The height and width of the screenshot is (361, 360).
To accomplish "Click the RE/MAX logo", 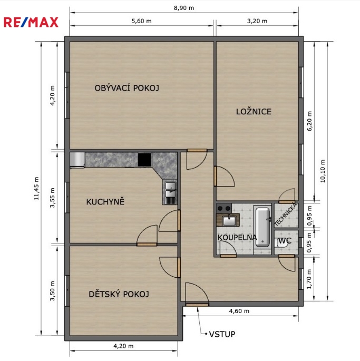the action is point(31,22).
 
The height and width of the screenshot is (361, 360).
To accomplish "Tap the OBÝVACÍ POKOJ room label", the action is point(127,87).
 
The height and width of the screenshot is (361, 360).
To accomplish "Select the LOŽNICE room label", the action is point(254,112).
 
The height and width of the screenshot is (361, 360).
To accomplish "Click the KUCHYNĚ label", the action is point(105,202).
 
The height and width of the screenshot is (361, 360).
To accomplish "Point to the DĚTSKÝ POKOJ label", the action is point(119,294).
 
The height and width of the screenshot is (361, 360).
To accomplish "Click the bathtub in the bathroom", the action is point(263,227).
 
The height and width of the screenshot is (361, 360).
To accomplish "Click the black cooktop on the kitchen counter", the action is point(145,159).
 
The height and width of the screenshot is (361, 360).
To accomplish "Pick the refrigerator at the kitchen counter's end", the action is point(77,159).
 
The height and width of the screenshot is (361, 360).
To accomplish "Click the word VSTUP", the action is point(222,334).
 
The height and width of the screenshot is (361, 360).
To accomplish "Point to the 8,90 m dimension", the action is point(184,8).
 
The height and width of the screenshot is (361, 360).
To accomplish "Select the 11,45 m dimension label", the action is point(36,188).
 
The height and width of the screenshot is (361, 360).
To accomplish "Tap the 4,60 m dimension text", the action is point(239,311).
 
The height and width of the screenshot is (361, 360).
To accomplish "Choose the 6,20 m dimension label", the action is point(309,121).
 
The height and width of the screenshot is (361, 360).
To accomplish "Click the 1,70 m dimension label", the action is point(309,279).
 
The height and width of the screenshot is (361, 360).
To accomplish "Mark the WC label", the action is point(285,241).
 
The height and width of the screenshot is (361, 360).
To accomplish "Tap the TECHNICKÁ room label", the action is point(286,214).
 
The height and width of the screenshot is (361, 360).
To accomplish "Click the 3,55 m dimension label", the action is point(53,198).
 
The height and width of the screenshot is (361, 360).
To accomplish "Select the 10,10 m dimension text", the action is point(323,171).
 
